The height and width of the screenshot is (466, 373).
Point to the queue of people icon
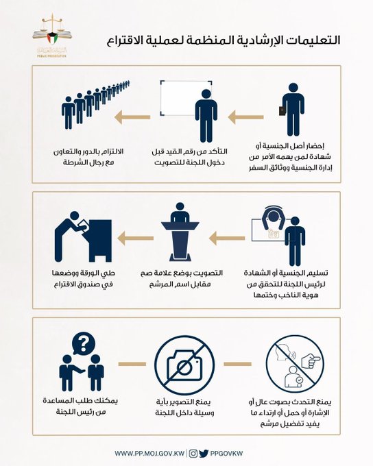point(95,105)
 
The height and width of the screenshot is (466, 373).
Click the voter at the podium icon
point(180,235)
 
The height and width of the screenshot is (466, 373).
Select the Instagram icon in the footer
point(193,453)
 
